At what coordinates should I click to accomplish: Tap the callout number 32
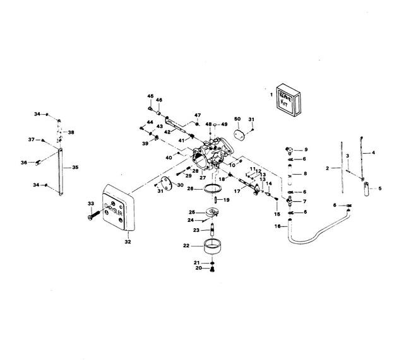point(128,241)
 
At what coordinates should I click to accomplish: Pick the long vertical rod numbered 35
point(61,170)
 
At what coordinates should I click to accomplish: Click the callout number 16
point(277,226)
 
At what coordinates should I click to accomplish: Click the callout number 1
point(272,94)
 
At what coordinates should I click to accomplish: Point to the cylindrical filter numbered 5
point(364,189)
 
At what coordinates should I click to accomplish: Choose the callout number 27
point(203,178)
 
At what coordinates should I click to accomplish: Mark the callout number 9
point(306,149)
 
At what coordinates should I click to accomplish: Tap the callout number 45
point(150,96)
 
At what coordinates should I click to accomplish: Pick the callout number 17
point(237,190)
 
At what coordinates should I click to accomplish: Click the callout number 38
point(71,132)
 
